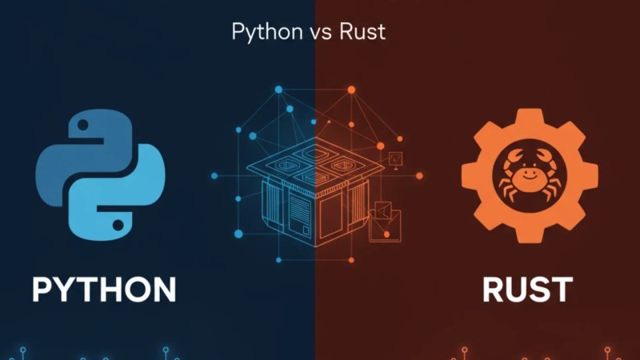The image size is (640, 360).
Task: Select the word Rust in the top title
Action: (x=362, y=32)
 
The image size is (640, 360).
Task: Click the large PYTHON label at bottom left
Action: (x=104, y=290)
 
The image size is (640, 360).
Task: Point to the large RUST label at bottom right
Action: (x=528, y=290)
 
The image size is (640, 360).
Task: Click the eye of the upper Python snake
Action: (x=83, y=125)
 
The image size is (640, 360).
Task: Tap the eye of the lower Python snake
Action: (x=118, y=225)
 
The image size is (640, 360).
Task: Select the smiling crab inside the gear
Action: (x=530, y=175)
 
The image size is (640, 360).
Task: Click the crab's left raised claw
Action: (x=512, y=158)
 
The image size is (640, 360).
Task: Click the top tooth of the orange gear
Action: (x=530, y=116)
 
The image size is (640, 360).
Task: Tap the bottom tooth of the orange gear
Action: (x=530, y=235)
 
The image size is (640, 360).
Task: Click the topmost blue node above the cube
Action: (x=278, y=90)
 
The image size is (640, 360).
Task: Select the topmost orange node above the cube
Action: (x=351, y=90)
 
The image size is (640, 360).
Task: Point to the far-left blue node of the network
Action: (x=214, y=176)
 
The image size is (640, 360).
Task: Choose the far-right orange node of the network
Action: (x=419, y=176)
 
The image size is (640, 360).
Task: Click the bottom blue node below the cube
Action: (x=278, y=260)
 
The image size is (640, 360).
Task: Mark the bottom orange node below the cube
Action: (x=351, y=260)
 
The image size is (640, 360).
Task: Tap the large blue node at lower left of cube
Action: (x=238, y=234)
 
